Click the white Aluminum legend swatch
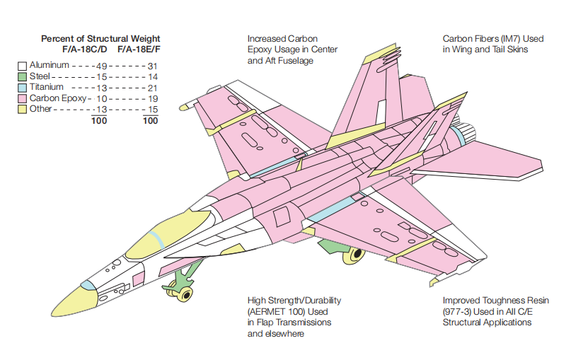[x=23, y=66]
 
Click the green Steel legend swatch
[x=23, y=76]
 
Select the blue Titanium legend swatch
[x=23, y=87]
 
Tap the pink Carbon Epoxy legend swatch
[x=23, y=98]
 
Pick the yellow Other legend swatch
[x=23, y=109]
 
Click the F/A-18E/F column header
[x=139, y=50]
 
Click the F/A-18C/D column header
[x=87, y=50]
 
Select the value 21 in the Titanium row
[x=152, y=87]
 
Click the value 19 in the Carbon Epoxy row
[x=152, y=98]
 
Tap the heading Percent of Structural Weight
[x=100, y=38]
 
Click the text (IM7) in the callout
[x=511, y=39]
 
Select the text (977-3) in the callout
[x=456, y=312]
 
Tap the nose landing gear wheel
[x=183, y=294]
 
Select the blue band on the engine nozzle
[x=460, y=132]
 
